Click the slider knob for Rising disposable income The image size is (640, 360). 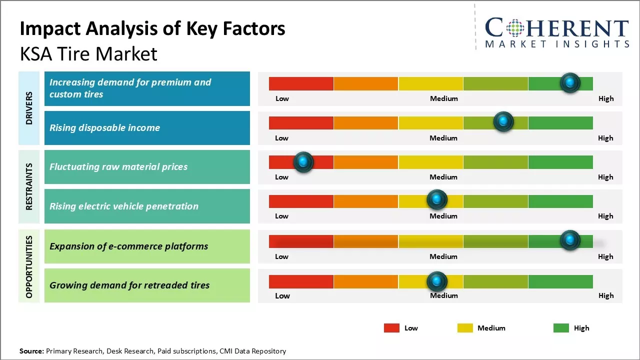(503, 121)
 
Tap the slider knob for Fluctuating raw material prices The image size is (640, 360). (303, 162)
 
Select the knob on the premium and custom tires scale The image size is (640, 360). (570, 82)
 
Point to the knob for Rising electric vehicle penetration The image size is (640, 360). (437, 200)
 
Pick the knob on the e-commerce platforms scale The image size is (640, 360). (570, 240)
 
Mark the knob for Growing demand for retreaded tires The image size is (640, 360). (437, 281)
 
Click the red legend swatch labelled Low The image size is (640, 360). (391, 328)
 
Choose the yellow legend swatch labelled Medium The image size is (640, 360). (465, 328)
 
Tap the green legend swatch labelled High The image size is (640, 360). (561, 328)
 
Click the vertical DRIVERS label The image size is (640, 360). (29, 108)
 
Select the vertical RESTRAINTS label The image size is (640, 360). (29, 186)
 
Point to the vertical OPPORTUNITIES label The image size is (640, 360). (29, 266)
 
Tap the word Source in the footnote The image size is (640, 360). (31, 351)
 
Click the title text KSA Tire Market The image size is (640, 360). (88, 54)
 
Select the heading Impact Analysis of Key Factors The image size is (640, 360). (152, 29)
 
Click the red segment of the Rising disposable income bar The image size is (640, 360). (301, 123)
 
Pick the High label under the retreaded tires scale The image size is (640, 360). (605, 295)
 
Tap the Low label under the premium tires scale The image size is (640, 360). (282, 98)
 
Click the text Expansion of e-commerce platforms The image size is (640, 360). (128, 246)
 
